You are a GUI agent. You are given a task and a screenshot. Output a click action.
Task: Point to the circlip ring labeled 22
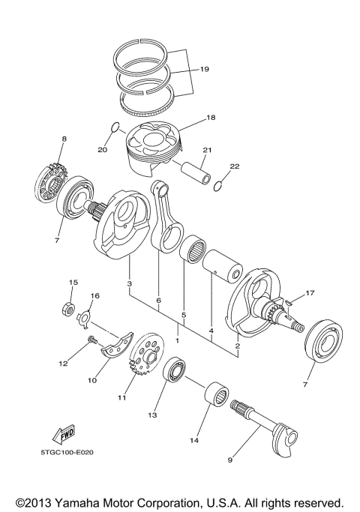click(218, 185)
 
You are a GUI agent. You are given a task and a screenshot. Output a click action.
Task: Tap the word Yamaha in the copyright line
click(97, 501)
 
